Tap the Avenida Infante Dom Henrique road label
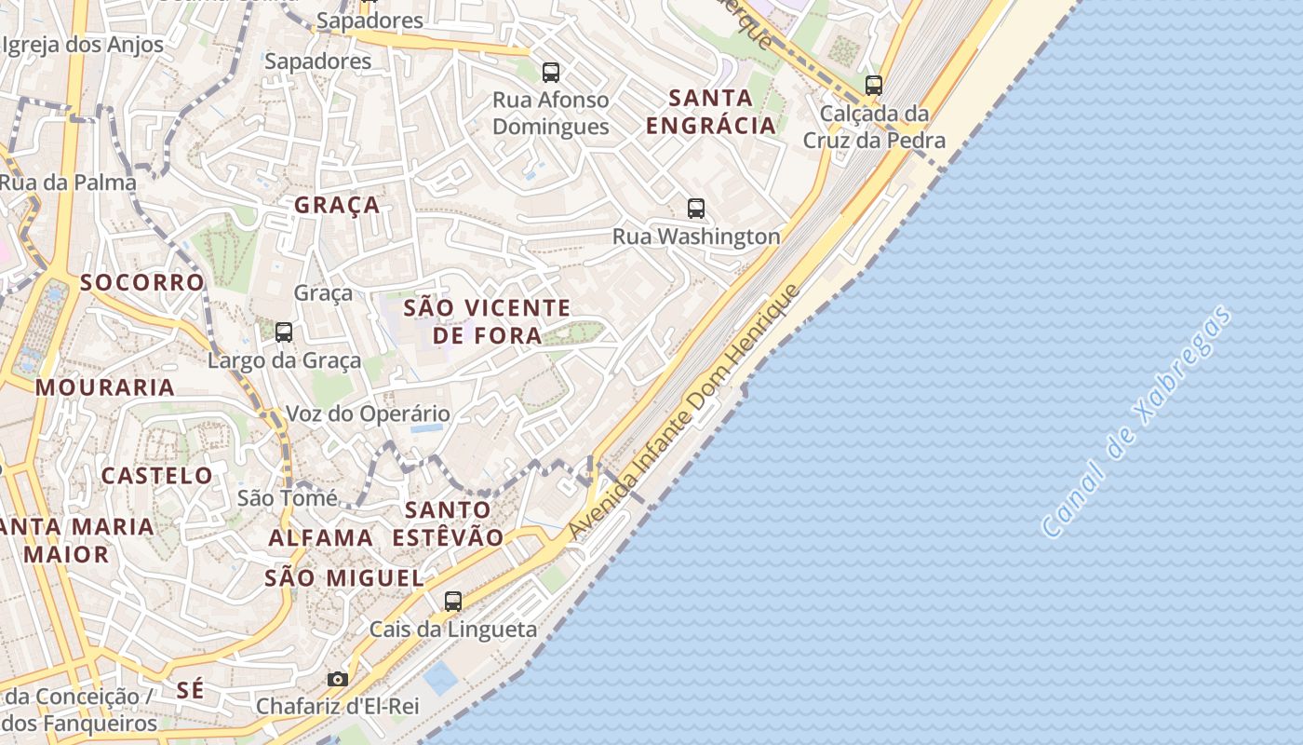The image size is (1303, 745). point(685,411)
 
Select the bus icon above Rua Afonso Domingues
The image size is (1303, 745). point(551,72)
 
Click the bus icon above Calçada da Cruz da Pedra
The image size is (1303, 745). point(873,86)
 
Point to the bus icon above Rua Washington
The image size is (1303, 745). point(696,209)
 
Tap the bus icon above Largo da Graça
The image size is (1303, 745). point(284,332)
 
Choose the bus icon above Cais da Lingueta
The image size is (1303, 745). point(453,602)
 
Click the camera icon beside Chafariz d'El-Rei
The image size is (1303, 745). point(338,679)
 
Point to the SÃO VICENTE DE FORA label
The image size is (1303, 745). point(488,321)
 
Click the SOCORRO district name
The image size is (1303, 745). point(141,282)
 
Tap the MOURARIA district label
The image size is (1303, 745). point(105,387)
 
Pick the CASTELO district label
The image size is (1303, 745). point(157,476)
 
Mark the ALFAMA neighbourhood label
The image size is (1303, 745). point(321,537)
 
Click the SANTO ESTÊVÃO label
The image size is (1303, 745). point(449,523)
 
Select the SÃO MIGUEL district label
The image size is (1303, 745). point(344,577)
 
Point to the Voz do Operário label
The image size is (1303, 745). point(368,413)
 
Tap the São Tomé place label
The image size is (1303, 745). point(287,498)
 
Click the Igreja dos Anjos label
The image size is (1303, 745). point(84,45)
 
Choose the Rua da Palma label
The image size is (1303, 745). point(68,182)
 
